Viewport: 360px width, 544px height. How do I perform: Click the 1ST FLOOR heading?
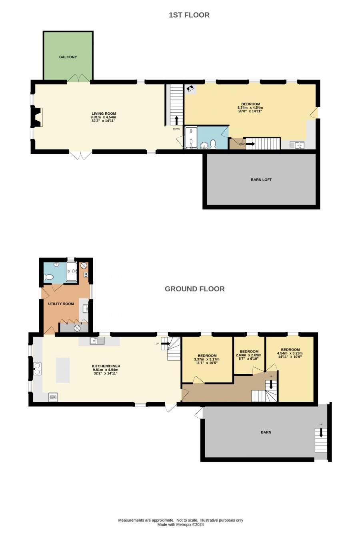(189, 15)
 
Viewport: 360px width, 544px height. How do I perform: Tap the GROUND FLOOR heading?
(195, 289)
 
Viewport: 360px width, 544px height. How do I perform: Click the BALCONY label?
(68, 57)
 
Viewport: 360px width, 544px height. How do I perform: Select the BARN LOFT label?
(261, 180)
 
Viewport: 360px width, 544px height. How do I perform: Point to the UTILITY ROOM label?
(61, 304)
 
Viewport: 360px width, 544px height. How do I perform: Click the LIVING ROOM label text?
(104, 114)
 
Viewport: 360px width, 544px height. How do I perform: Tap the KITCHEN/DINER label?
(106, 366)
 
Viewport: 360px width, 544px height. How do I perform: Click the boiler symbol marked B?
(86, 275)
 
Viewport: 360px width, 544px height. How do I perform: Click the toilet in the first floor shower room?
(213, 144)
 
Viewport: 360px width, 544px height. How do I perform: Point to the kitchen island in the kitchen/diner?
(63, 370)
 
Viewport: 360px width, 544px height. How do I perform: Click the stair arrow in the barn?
(321, 433)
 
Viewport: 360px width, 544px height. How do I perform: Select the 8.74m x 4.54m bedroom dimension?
(250, 108)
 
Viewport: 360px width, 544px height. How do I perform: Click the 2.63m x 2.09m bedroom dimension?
(249, 355)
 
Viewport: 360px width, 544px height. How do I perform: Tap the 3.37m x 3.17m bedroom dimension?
(207, 359)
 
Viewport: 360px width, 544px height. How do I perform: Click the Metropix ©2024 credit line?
(181, 524)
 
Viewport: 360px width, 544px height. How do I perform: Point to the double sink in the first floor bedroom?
(297, 145)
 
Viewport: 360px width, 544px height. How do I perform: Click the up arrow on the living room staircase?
(176, 120)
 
